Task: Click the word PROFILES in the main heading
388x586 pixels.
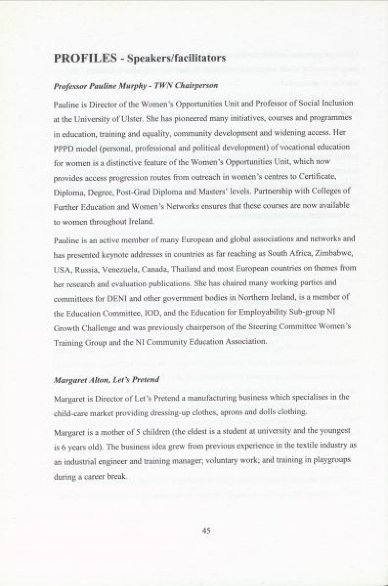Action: click(x=85, y=58)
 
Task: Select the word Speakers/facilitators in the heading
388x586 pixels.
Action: click(x=176, y=59)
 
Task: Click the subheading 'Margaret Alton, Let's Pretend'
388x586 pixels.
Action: click(x=106, y=380)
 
